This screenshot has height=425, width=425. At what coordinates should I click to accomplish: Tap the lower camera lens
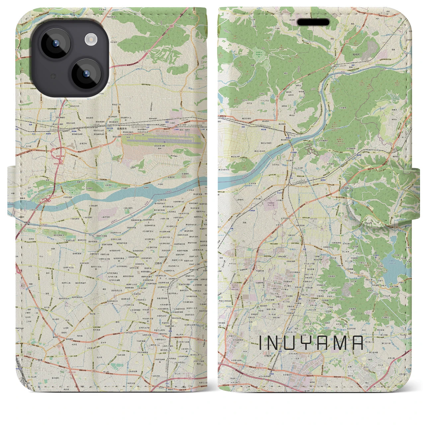(x=85, y=74)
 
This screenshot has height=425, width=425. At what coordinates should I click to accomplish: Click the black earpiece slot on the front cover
(x=313, y=22)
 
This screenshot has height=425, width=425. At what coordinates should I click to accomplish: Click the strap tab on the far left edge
(x=11, y=188)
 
